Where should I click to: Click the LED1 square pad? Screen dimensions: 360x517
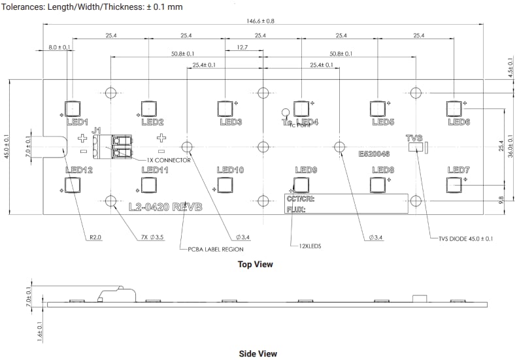click(72, 108)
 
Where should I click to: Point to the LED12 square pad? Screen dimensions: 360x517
click(72, 185)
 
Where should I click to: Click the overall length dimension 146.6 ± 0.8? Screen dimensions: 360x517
click(260, 21)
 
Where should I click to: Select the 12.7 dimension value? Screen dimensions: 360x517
click(243, 47)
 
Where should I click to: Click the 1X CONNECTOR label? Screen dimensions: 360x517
click(169, 159)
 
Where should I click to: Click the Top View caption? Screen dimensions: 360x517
click(256, 265)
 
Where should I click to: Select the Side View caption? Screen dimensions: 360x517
click(258, 353)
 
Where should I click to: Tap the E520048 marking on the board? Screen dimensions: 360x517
click(374, 155)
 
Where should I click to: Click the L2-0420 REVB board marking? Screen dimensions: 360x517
click(165, 207)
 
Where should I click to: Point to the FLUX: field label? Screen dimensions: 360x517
click(295, 210)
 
